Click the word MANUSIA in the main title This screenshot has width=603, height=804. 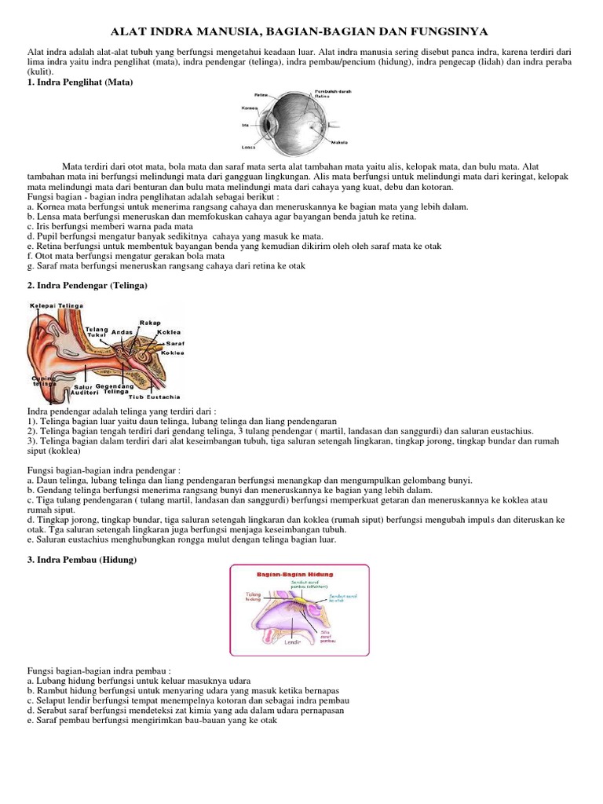pyautogui.click(x=227, y=31)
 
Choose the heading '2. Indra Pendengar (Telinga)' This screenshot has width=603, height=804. pyautogui.click(x=87, y=286)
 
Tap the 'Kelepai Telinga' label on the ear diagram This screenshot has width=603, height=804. pyautogui.click(x=56, y=305)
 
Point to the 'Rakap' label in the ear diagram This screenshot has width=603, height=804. pyautogui.click(x=149, y=322)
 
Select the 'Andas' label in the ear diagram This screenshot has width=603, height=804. pyautogui.click(x=122, y=332)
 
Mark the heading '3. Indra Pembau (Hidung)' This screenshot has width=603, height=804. pyautogui.click(x=82, y=559)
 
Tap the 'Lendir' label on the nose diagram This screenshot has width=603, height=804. pyautogui.click(x=292, y=642)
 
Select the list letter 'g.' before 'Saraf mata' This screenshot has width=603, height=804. pyautogui.click(x=31, y=266)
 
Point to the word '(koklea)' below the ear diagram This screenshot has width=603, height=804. pyautogui.click(x=69, y=451)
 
